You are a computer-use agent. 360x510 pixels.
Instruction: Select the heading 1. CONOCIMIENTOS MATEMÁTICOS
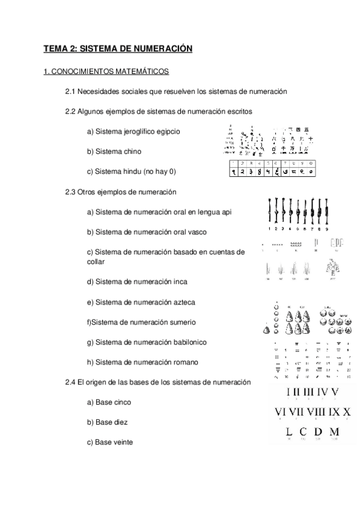point(106,72)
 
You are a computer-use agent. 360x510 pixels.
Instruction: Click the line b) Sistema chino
point(114,152)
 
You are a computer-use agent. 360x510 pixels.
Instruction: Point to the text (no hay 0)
point(159,172)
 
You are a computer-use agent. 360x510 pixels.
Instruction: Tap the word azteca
point(199,301)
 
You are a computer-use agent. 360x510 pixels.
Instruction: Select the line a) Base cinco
point(109,402)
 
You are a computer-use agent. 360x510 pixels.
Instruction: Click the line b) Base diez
point(107,422)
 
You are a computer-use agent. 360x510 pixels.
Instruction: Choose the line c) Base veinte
point(110,442)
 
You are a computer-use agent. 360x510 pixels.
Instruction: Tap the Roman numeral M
point(335,432)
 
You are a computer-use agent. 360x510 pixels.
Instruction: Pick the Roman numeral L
point(289,432)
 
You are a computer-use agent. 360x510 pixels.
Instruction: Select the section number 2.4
point(71,382)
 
